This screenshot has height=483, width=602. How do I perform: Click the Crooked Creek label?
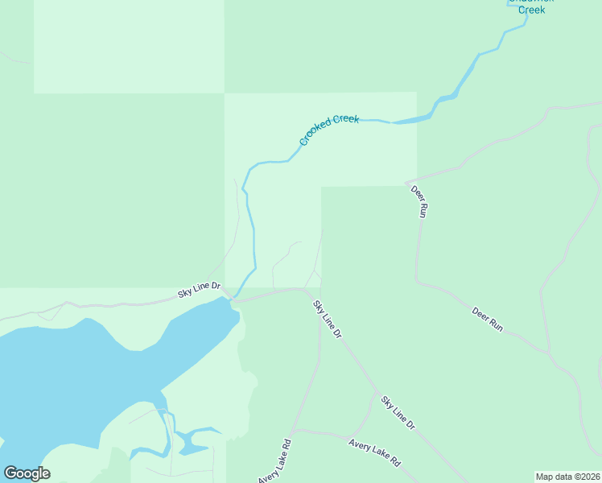pos(328,130)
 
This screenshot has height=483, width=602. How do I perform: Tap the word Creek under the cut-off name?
pos(531,10)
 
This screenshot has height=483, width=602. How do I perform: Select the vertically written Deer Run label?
pos(419,202)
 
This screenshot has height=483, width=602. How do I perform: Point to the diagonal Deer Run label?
pos(487,319)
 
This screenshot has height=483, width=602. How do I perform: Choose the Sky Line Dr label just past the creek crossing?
pos(328,319)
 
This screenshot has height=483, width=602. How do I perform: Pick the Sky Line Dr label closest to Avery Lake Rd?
pos(398,412)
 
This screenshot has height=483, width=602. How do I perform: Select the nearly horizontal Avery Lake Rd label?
pos(374,453)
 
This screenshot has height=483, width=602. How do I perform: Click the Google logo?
pos(27,473)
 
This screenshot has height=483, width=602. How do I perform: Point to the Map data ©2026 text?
pos(567,477)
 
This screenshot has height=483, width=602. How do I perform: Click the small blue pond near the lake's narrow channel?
pos(194,440)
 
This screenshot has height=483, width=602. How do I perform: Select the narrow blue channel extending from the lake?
pos(167,435)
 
